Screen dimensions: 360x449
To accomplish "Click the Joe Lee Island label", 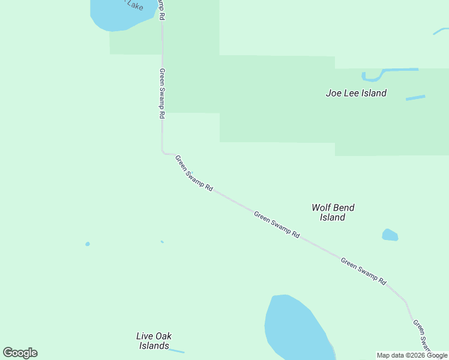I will coord(356,93).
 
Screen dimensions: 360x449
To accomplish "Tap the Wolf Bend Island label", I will coord(333,212).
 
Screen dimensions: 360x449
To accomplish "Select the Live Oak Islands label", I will coord(154,341).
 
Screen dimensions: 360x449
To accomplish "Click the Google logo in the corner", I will coord(20,353).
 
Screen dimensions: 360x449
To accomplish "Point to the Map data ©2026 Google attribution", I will coord(412,355).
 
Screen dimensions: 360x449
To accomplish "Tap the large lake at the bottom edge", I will coord(294,327).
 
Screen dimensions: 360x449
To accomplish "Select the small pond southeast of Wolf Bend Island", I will coord(390,235).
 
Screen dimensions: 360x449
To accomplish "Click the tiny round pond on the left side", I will coord(88,244).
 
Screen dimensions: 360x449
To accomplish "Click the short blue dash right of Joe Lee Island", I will coord(415,97).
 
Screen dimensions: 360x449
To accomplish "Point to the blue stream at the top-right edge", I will coord(441,31).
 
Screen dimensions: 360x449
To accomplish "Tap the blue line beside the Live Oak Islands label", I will coord(177,351).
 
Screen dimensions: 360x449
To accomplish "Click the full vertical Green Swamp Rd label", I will coord(161,93).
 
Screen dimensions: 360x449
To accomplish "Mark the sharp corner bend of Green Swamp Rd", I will coord(163,153).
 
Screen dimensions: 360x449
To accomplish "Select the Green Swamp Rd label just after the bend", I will coord(194,173).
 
